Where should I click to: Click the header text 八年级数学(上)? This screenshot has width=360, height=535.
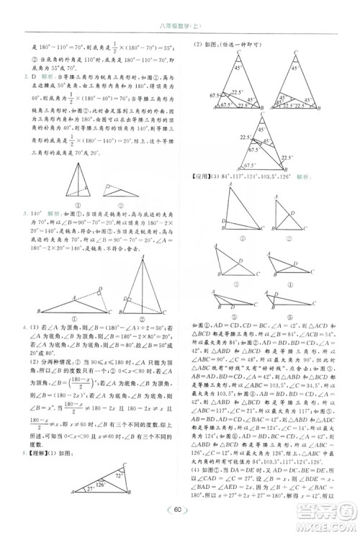(x=180, y=27)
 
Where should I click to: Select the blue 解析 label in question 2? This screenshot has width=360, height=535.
(x=48, y=74)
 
